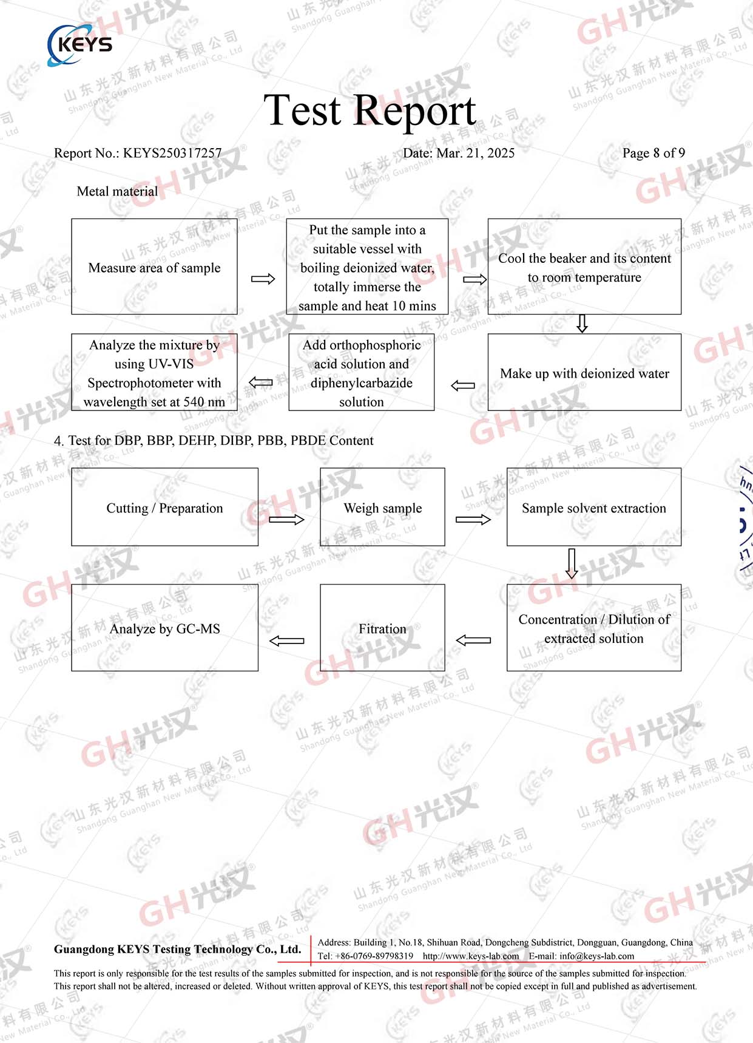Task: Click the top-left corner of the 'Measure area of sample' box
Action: point(72,219)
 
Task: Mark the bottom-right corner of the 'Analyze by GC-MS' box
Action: point(258,671)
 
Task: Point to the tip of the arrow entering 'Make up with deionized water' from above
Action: point(582,332)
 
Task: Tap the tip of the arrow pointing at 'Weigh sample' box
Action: point(304,520)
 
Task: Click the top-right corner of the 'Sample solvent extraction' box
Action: point(681,468)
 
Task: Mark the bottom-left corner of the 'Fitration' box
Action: point(320,671)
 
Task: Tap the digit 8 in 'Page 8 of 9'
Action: point(656,153)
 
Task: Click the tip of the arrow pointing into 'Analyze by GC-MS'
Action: point(269,640)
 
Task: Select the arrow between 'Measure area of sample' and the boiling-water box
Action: point(263,279)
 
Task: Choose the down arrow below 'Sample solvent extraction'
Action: point(572,563)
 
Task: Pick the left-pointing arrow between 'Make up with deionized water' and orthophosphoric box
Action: point(463,386)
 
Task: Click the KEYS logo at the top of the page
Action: point(80,45)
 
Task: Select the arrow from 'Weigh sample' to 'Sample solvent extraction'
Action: point(473,520)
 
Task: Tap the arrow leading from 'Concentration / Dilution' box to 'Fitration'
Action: point(473,640)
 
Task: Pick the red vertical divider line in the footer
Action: point(311,949)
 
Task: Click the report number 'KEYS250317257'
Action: point(172,153)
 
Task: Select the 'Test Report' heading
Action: point(370,110)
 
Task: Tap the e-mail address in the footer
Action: point(596,956)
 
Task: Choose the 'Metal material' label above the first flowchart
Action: point(117,191)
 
